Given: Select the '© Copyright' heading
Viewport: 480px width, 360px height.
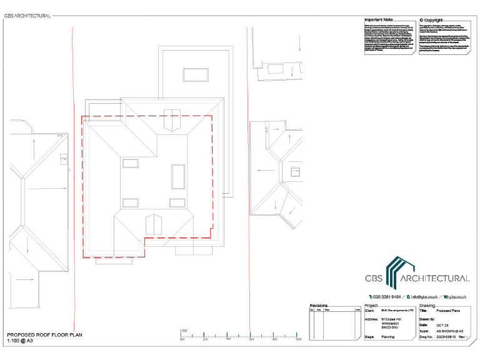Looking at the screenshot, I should [x=434, y=20].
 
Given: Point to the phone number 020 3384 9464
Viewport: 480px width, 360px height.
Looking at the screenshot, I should [x=386, y=296].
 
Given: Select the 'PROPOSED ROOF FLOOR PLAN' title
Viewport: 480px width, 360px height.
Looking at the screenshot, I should [x=44, y=335].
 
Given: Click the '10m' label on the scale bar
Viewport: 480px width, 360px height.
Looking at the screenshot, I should [x=299, y=340].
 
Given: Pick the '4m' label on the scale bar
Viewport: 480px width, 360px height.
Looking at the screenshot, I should [x=229, y=340].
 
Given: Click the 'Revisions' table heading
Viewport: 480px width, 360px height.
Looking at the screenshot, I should [x=319, y=306].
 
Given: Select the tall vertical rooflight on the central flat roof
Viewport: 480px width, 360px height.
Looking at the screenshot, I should [x=179, y=176].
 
